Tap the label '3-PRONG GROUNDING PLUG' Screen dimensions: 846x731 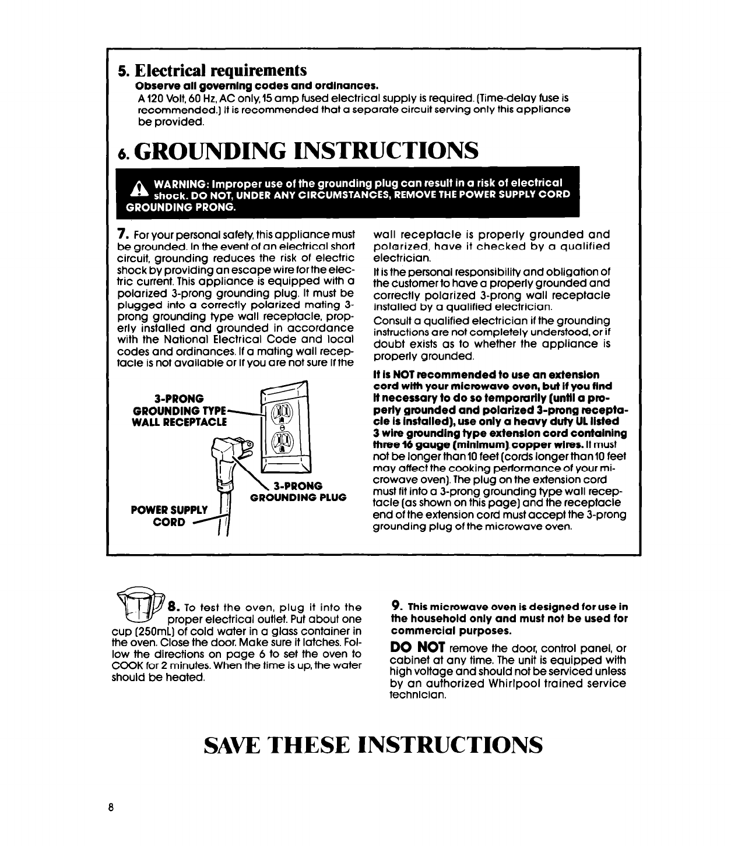click(x=298, y=491)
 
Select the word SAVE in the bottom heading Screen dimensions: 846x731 click(x=236, y=746)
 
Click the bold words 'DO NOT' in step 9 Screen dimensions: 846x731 click(x=418, y=648)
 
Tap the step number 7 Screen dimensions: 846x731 click(x=121, y=234)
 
